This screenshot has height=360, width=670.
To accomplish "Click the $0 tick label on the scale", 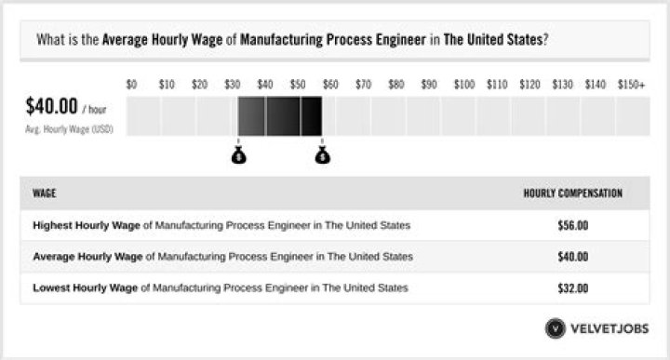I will pos(131,85).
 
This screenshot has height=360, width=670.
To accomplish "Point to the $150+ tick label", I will pos(631,85).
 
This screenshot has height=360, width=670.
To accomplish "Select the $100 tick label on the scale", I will pos(464,85).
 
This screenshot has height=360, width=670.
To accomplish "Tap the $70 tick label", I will pos(364,85).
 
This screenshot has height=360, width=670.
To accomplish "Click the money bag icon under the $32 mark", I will pos(239,154).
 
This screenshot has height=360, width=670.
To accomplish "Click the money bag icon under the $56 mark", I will pos(322,154).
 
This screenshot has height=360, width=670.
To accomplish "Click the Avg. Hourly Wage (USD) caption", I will pos(69,130).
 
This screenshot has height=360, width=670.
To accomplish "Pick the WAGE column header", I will pos(45,193).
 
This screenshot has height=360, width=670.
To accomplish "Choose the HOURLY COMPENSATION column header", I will pos(572,193).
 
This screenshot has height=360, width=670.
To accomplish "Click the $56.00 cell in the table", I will pos(572,225).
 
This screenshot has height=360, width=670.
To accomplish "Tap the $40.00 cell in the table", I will pos(572,256).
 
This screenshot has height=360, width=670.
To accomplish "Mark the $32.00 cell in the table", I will pos(572,287).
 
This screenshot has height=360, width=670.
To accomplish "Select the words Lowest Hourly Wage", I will pos(83,287).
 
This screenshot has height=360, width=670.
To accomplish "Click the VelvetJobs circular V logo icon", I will pos(556,328).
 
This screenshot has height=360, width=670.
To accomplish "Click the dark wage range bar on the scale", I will pos(280,116).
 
